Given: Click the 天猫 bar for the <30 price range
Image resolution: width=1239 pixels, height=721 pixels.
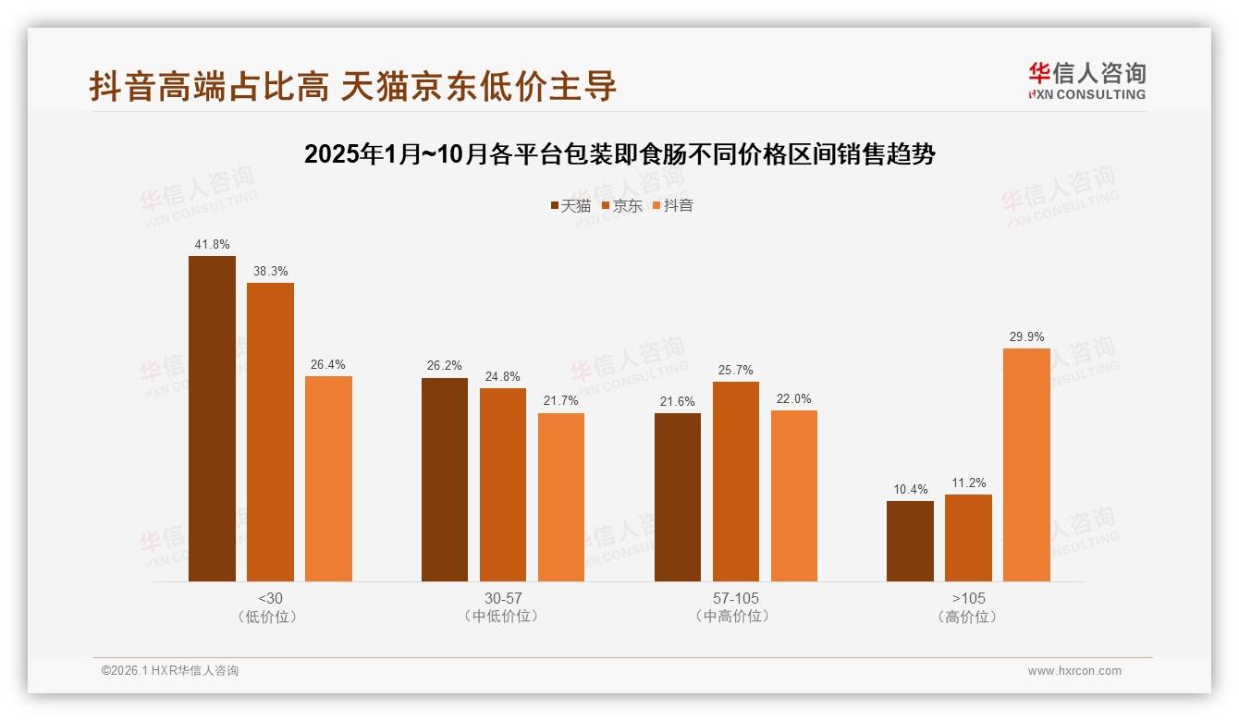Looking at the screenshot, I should coord(212,419).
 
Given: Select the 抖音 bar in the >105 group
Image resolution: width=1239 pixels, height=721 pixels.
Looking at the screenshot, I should coord(1026,465).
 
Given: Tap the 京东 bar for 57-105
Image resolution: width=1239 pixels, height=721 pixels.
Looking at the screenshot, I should coord(736,482).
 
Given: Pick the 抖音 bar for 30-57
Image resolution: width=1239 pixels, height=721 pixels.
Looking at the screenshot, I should coord(561,497).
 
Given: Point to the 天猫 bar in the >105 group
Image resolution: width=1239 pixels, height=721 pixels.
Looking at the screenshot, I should coord(910,542).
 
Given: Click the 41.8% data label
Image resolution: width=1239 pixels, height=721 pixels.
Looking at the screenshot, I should coord(212,245).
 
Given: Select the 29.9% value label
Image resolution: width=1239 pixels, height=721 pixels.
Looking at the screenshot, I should coord(1026,337).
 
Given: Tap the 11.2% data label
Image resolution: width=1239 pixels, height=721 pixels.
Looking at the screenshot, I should coord(968,483).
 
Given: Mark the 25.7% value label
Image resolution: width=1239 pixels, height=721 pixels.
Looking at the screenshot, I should coord(736,371).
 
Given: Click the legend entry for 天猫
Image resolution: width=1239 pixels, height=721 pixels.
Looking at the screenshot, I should coord(570,206).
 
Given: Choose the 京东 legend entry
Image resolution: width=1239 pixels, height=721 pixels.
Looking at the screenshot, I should coord(621,206).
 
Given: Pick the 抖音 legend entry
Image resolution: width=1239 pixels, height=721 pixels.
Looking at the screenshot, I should coord(672,206).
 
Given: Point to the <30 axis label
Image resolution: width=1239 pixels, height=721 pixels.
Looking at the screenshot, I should coord(271,598).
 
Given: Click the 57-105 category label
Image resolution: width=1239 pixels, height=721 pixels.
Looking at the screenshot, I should coord(736,598).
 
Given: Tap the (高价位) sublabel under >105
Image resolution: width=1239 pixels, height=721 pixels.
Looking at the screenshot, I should coord(968,617).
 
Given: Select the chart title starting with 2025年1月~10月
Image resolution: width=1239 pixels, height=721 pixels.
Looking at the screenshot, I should coord(619,154).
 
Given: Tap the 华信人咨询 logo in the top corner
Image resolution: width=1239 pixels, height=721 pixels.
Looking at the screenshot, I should coord(1086,80).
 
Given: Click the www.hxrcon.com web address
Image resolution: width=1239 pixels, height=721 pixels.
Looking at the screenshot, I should coord(1074,671).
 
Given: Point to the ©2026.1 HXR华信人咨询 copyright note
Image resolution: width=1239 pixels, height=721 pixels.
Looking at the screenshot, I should coord(170,671).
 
